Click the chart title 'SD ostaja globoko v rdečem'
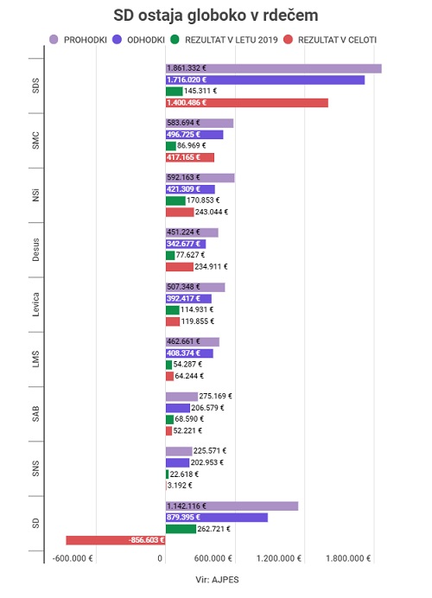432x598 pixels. point(216,16)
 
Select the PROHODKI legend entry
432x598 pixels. point(78,40)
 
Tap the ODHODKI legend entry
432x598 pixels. point(139,40)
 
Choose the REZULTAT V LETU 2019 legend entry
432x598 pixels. point(224,40)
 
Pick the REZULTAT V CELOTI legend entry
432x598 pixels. point(330,40)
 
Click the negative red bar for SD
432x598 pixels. point(116,540)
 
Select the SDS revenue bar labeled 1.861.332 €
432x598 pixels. point(273,68)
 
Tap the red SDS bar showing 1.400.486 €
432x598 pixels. point(247,103)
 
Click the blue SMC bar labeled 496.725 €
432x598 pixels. point(194,135)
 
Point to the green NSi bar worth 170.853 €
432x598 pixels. point(175,200)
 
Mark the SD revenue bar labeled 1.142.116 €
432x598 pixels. point(232,506)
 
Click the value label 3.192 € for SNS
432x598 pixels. point(180,486)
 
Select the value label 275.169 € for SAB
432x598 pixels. point(215,397)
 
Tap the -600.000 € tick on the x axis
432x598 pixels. point(73,559)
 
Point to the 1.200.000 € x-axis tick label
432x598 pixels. point(279,559)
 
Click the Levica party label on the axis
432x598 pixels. point(35,305)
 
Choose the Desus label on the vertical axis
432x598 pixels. point(35,250)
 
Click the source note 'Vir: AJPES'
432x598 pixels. point(217,580)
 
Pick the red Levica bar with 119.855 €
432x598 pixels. point(173,321)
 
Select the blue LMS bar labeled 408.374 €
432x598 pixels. point(189,353)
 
